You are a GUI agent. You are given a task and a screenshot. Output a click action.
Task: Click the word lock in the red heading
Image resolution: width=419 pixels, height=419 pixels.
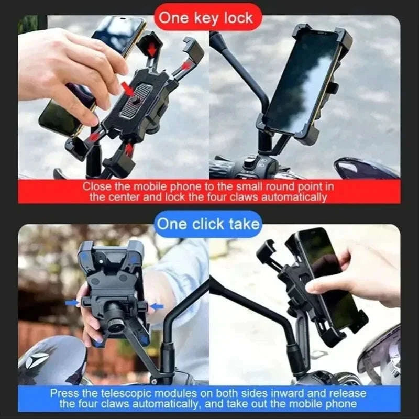(236, 18)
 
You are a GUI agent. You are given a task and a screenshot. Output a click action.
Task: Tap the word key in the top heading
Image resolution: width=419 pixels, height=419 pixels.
(203, 18)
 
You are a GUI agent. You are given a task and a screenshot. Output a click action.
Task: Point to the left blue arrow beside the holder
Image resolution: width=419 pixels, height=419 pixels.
(71, 303)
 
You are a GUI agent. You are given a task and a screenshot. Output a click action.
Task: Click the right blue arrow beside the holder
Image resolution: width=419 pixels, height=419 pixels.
(157, 306)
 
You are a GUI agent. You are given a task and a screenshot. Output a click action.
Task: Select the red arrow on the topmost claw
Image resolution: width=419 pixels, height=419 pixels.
(152, 49)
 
